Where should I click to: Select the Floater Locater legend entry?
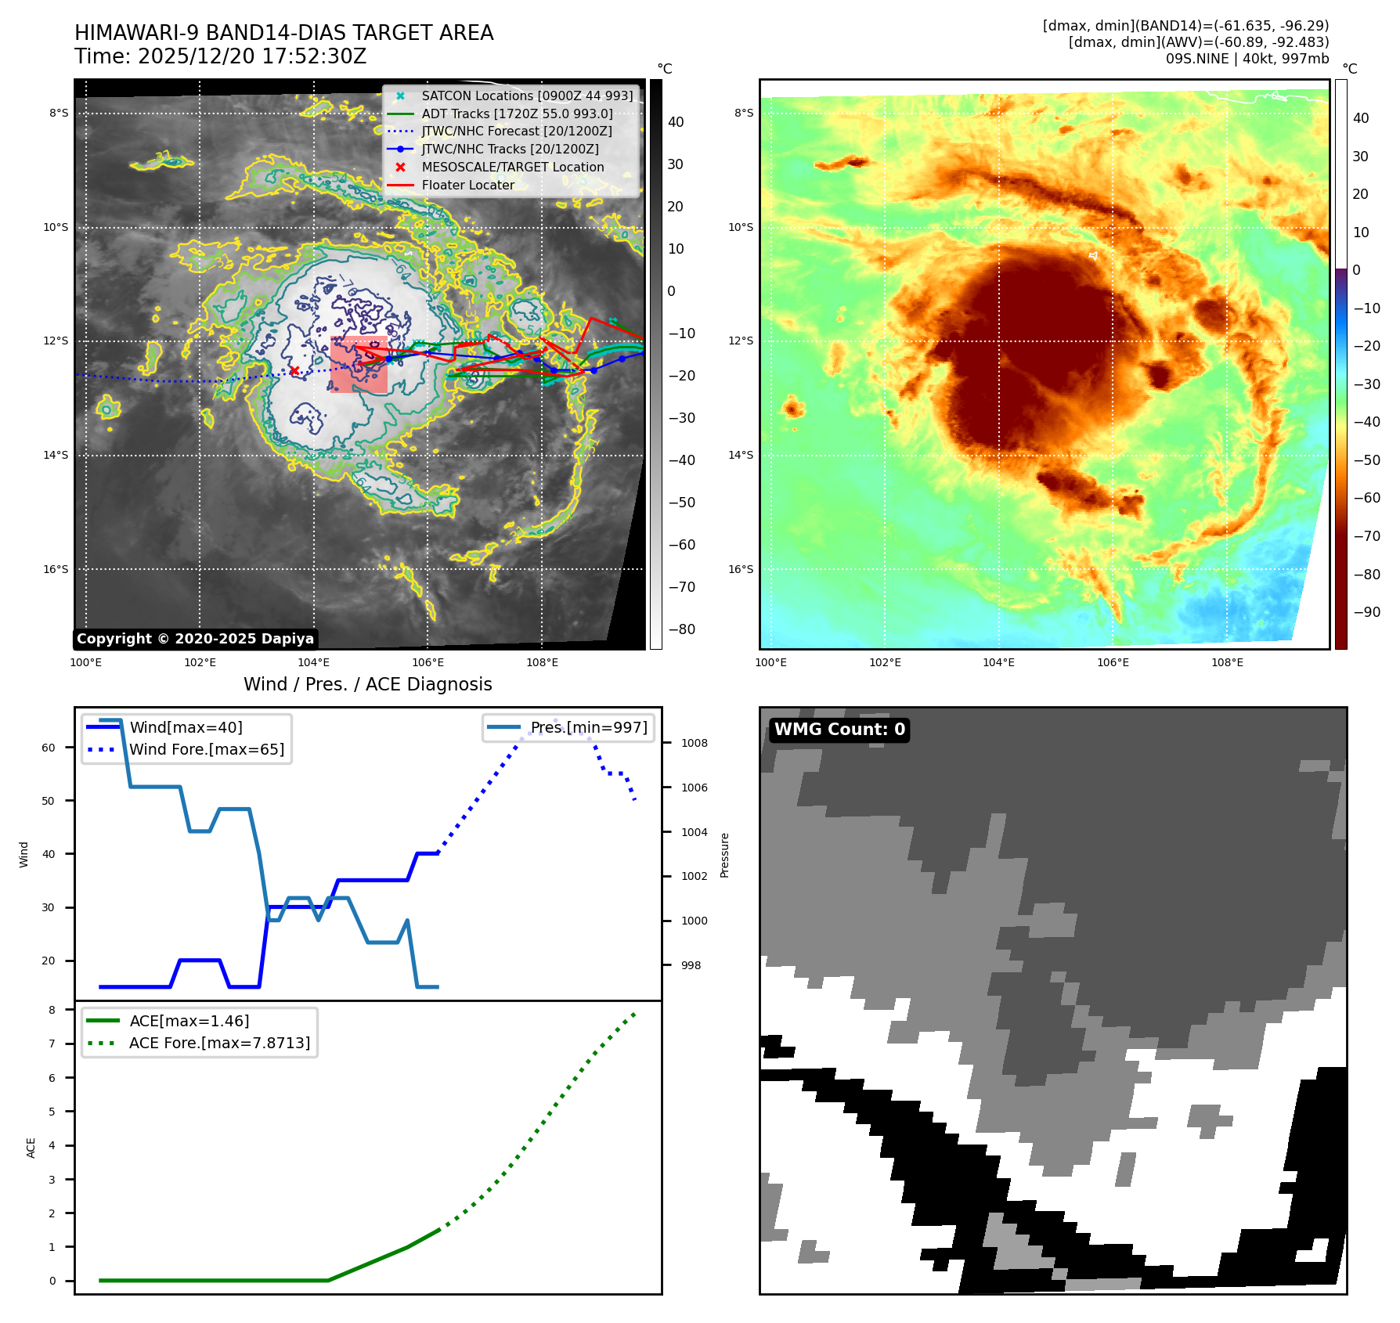point(467,186)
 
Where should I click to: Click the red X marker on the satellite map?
point(294,370)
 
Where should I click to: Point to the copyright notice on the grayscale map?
point(195,639)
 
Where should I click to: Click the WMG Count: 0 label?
point(839,730)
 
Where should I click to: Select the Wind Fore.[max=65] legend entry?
point(206,749)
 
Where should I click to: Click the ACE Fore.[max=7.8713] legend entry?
point(219,1043)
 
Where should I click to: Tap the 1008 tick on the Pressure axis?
point(694,743)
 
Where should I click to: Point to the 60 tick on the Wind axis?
point(49,748)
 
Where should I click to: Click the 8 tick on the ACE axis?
point(52,1010)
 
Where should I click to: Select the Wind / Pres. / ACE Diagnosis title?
point(367,684)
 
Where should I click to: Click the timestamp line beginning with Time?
point(220,56)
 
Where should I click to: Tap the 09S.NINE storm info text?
point(1247,59)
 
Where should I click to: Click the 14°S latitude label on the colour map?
point(740,455)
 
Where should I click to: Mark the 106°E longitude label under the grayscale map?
point(428,662)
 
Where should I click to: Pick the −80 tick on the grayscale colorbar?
point(681,629)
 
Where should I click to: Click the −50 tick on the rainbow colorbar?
point(1366,460)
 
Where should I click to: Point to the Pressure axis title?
point(725,855)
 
